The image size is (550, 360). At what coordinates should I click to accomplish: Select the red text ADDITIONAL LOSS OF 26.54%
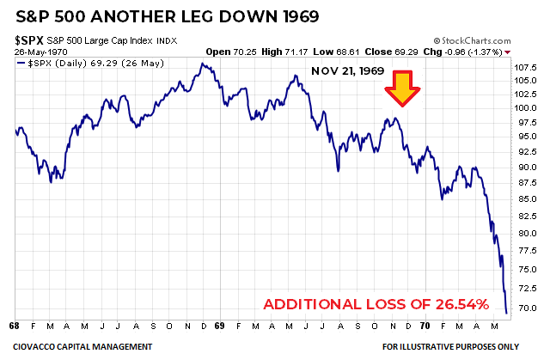pyautogui.click(x=376, y=305)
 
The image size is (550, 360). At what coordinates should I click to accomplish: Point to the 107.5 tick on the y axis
pyautogui.click(x=525, y=67)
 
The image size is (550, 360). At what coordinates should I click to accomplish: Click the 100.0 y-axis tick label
pyautogui.click(x=525, y=107)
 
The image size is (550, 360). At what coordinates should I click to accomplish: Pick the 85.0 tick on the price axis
pyautogui.click(x=527, y=199)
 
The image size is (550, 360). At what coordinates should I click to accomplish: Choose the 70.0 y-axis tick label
pyautogui.click(x=527, y=308)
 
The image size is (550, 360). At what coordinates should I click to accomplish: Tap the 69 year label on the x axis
pyautogui.click(x=219, y=326)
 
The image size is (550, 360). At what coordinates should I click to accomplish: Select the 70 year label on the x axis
pyautogui.click(x=425, y=326)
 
